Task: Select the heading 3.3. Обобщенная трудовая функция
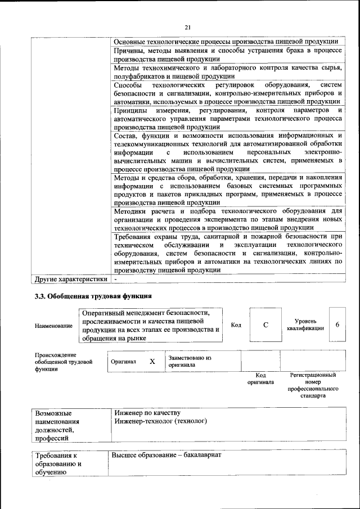pos(93,296)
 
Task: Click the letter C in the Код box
pos(265,325)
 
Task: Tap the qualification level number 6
pos(337,325)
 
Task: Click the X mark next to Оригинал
pos(152,362)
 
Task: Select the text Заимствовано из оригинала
pos(190,361)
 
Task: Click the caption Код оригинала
pos(260,379)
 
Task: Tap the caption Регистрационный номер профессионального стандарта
pos(313,385)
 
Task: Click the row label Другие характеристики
pos(71,278)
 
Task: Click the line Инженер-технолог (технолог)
pos(160,421)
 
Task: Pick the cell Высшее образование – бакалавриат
pos(166,454)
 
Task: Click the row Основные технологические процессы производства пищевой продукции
pos(225,42)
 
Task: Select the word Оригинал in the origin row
pos(123,362)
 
